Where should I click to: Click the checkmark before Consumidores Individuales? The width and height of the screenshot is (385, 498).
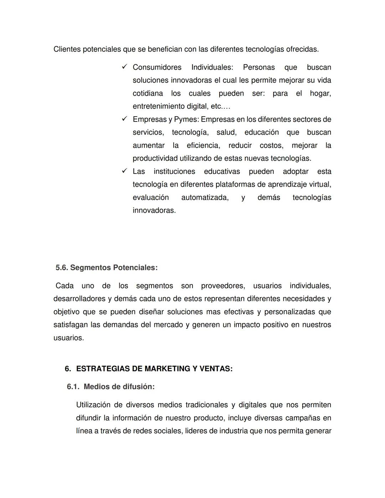pyautogui.click(x=124, y=67)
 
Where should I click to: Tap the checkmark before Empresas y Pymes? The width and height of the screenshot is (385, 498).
pyautogui.click(x=124, y=119)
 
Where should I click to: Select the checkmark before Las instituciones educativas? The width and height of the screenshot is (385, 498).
pyautogui.click(x=124, y=171)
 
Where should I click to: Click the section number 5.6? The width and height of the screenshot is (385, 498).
pyautogui.click(x=62, y=268)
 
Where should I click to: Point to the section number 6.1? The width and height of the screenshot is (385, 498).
pyautogui.click(x=73, y=387)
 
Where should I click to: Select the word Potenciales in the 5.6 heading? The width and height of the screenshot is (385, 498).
pyautogui.click(x=135, y=268)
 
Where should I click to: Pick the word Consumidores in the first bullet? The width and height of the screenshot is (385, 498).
pyautogui.click(x=157, y=67)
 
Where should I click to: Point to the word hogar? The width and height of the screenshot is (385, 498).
pyautogui.click(x=320, y=93)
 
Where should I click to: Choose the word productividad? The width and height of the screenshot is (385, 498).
pyautogui.click(x=155, y=158)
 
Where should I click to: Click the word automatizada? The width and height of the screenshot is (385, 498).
pyautogui.click(x=205, y=197)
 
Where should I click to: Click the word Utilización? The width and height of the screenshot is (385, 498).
pyautogui.click(x=94, y=405)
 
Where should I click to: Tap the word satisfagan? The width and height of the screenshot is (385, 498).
pyautogui.click(x=70, y=325)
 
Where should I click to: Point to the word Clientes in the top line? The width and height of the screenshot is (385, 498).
pyautogui.click(x=67, y=49)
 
